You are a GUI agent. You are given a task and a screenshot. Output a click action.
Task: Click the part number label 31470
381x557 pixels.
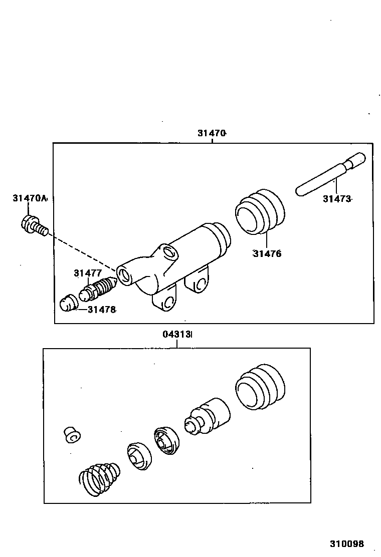click(x=212, y=133)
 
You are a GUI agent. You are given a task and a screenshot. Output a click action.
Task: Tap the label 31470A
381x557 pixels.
click(x=29, y=199)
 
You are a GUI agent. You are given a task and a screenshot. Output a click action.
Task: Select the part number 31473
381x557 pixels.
click(x=337, y=199)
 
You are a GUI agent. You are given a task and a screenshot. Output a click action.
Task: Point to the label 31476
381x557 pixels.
click(x=267, y=253)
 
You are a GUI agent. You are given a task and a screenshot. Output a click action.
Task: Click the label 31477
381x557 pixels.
click(x=88, y=273)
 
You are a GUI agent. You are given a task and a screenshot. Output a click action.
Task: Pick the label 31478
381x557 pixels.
click(x=102, y=310)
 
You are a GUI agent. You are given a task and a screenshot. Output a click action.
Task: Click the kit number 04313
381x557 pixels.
click(x=176, y=334)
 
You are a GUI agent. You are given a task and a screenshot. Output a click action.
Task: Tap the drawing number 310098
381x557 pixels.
click(x=346, y=543)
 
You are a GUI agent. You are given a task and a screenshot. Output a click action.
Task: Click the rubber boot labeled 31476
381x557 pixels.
click(x=260, y=212)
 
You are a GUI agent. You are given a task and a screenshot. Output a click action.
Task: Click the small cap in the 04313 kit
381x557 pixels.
click(x=72, y=435)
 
